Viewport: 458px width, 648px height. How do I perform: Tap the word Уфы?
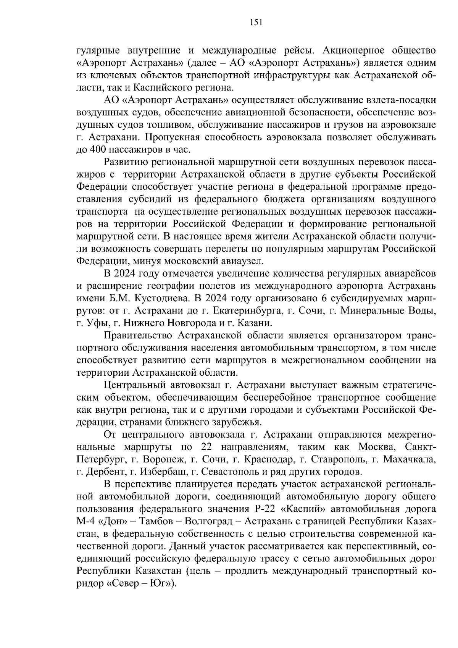95,323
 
